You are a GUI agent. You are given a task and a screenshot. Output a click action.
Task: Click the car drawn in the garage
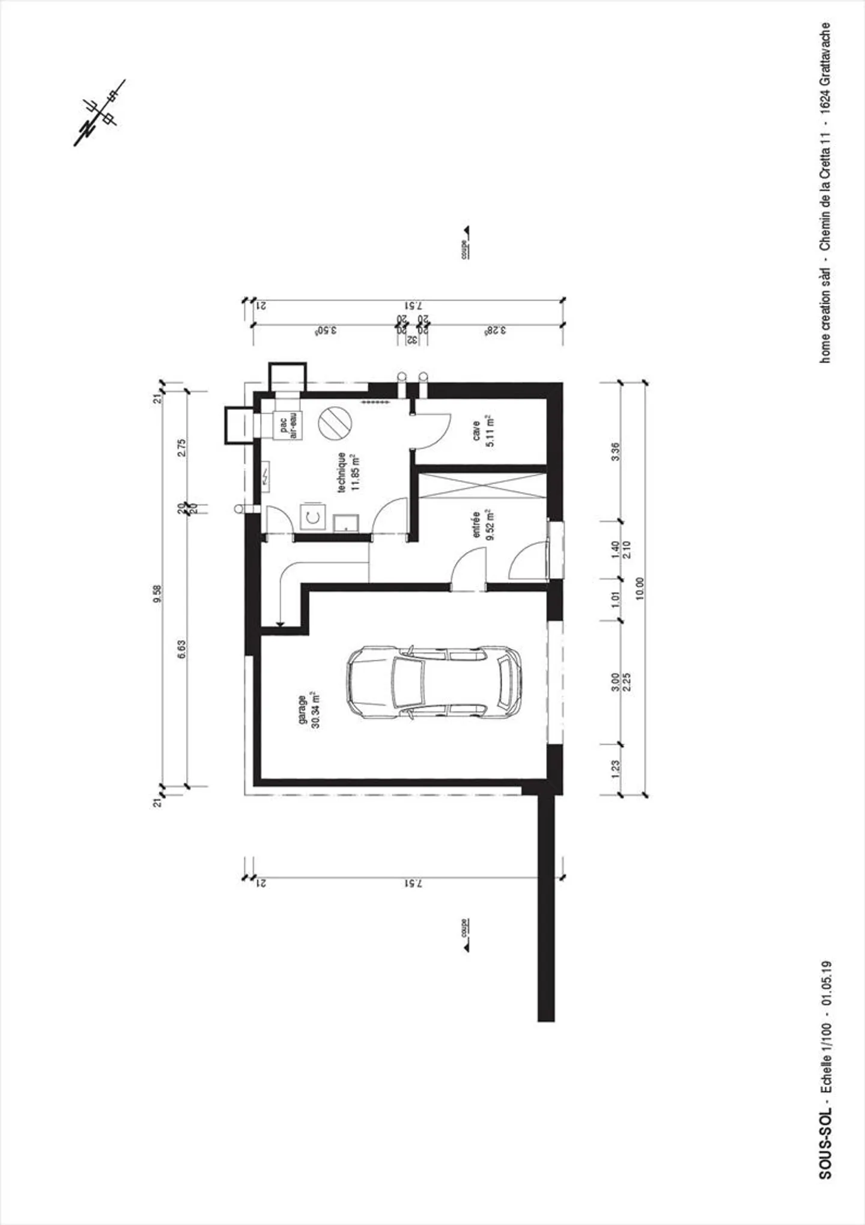click(x=434, y=682)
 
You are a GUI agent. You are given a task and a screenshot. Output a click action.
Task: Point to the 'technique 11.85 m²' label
click(x=348, y=472)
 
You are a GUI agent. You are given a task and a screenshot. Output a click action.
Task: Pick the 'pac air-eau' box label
click(x=288, y=426)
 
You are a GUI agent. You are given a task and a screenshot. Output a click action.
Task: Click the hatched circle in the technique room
click(x=334, y=422)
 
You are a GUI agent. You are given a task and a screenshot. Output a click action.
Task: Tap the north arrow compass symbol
click(x=99, y=114)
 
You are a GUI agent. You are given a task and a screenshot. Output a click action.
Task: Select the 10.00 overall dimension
click(x=639, y=588)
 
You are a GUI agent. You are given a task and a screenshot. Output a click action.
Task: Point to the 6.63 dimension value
click(x=182, y=649)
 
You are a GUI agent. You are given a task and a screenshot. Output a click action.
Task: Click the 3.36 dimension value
click(x=615, y=451)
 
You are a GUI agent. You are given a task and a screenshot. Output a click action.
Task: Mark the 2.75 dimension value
click(x=182, y=448)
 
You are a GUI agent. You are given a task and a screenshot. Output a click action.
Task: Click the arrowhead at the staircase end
click(x=280, y=625)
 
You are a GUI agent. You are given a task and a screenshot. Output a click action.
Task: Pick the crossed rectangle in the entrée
click(x=481, y=486)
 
